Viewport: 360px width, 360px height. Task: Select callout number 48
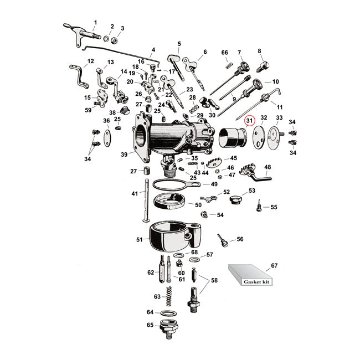click(268, 166)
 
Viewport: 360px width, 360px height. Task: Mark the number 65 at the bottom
click(150, 326)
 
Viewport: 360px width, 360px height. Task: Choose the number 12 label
click(90, 61)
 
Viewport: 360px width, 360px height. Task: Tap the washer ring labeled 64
click(170, 313)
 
